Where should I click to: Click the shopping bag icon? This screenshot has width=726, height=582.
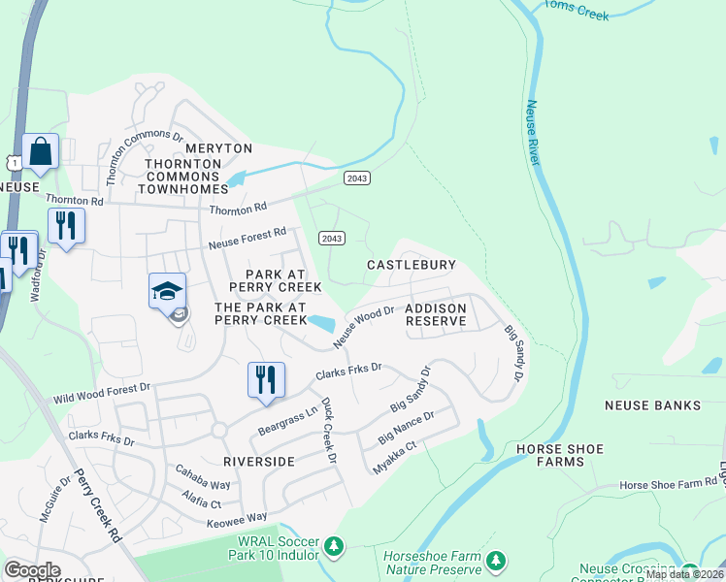tap(41, 151)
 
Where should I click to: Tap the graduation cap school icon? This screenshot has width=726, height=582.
tap(167, 290)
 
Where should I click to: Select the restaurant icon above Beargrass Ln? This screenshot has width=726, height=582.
tap(266, 379)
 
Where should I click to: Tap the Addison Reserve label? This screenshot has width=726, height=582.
tap(436, 314)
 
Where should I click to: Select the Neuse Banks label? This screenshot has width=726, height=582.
tap(652, 404)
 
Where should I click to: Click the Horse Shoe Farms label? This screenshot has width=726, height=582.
tap(560, 456)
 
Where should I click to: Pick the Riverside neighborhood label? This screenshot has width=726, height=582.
tap(258, 462)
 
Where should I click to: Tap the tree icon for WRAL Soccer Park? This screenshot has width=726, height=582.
tap(335, 547)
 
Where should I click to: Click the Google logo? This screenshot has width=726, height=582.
tap(32, 570)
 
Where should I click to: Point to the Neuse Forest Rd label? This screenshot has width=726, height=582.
tap(247, 239)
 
